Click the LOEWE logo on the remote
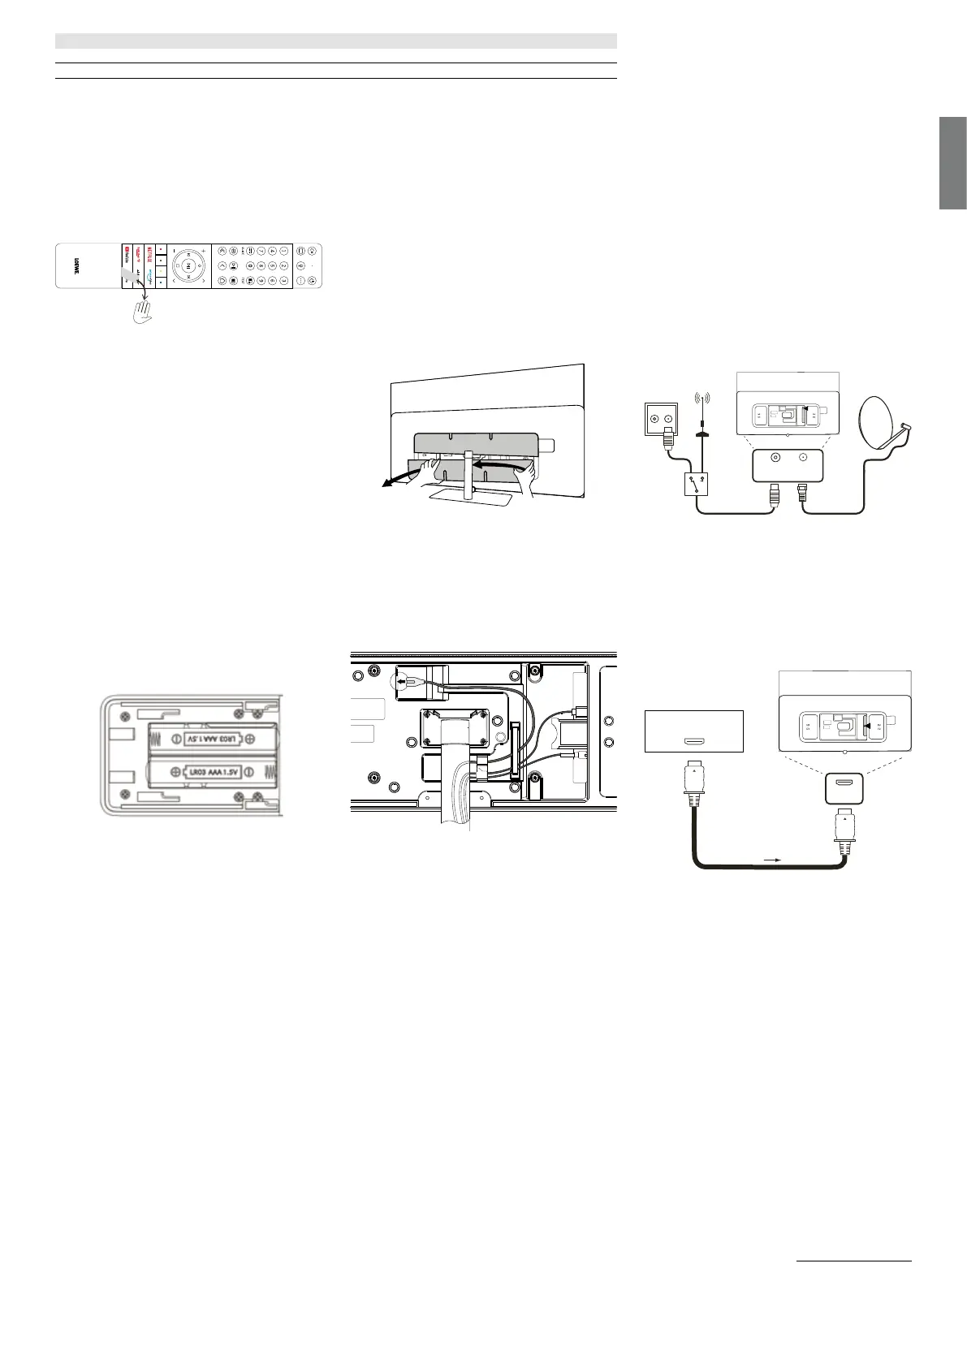tap(76, 265)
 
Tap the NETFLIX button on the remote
tap(149, 252)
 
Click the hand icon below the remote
tap(144, 311)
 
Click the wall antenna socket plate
tap(660, 419)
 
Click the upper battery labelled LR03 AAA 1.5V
tap(213, 740)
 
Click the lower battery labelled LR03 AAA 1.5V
tap(213, 772)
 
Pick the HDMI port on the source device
tap(693, 742)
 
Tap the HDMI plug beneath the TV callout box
tap(844, 828)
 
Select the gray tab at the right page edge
tap(953, 163)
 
